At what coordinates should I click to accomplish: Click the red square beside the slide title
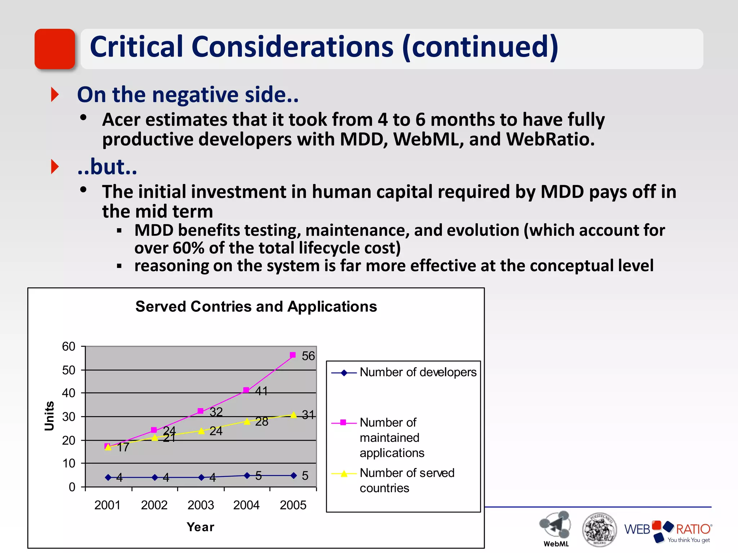click(x=55, y=49)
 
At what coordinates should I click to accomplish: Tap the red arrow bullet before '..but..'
click(x=55, y=167)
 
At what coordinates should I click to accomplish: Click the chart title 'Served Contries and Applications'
click(x=256, y=307)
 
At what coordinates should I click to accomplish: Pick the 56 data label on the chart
click(x=308, y=356)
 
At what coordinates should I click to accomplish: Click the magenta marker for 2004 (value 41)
click(x=246, y=390)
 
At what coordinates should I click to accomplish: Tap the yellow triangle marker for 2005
click(x=294, y=415)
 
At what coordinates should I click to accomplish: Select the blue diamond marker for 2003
click(x=201, y=477)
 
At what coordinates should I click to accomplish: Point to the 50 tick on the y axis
click(x=68, y=370)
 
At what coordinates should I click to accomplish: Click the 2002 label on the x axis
click(x=154, y=505)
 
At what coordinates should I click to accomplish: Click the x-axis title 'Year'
click(x=200, y=527)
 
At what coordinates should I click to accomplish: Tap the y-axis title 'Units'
click(x=49, y=416)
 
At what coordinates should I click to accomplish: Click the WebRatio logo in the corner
click(x=668, y=531)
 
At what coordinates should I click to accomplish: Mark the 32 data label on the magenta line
click(x=216, y=412)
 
